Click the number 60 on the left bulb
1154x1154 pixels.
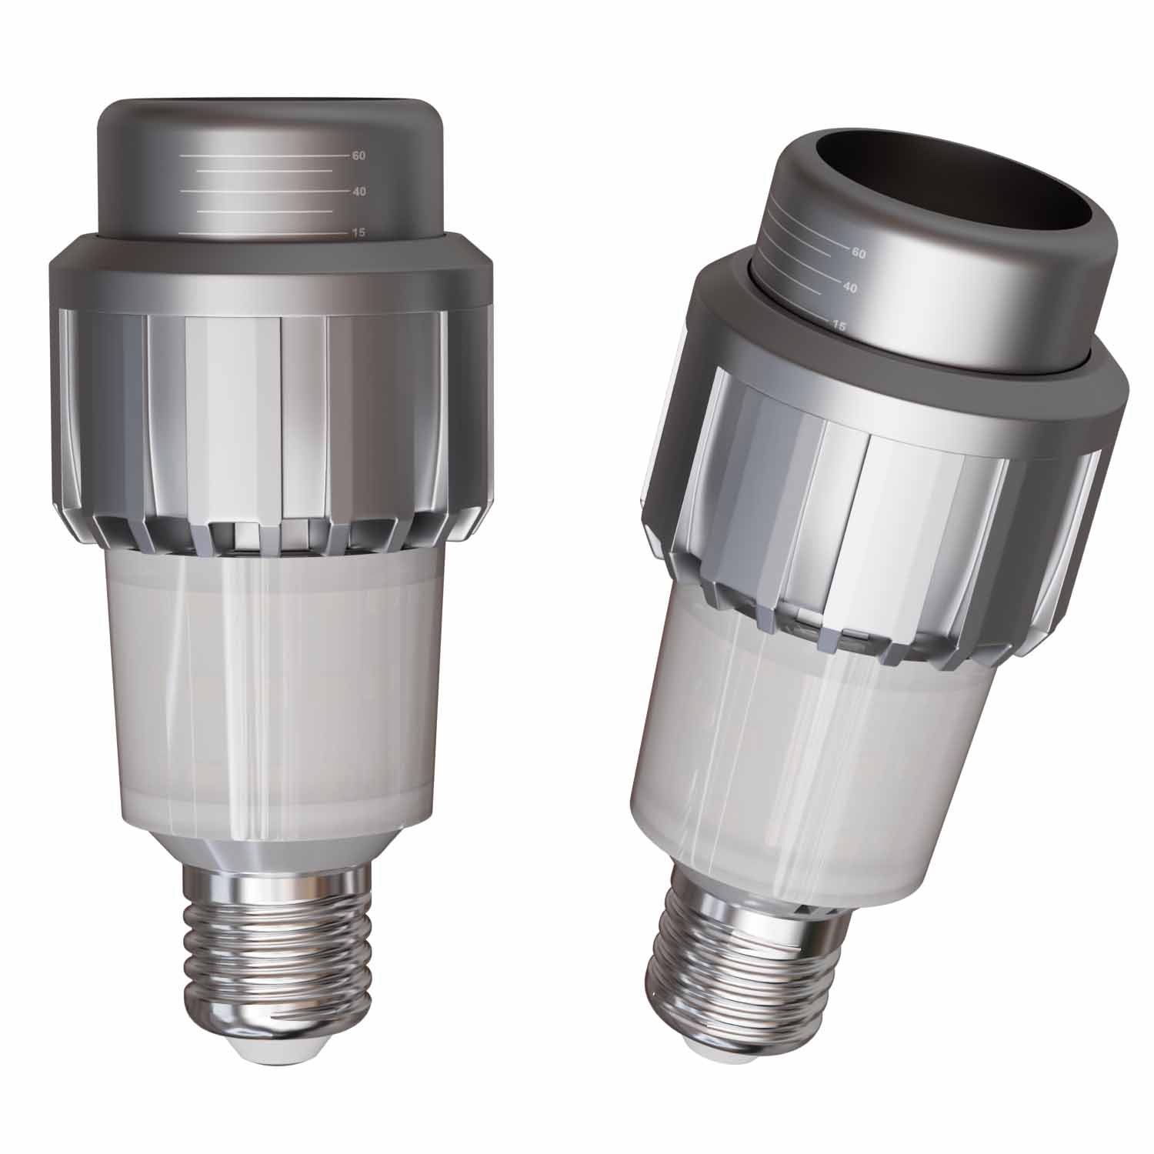(358, 155)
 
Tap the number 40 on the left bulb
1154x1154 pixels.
(359, 192)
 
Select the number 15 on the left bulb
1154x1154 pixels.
(358, 232)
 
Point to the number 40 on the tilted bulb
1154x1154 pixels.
(849, 288)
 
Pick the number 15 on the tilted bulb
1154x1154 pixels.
(838, 326)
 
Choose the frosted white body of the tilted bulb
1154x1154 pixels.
(777, 754)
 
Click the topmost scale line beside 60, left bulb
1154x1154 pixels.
(262, 155)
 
